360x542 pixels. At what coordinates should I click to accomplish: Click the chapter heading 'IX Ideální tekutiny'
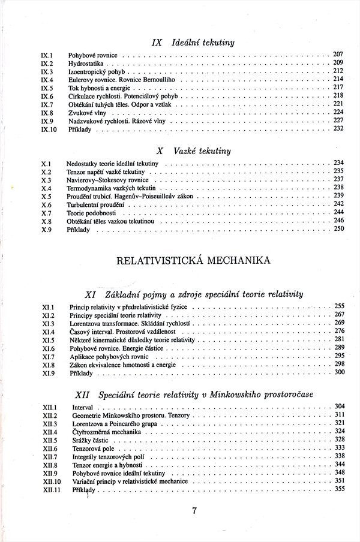pos(193,43)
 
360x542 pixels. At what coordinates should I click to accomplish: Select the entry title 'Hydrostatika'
pos(86,62)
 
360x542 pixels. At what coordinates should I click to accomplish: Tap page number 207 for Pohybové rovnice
pos(338,54)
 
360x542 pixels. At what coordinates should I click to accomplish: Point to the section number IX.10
pos(49,129)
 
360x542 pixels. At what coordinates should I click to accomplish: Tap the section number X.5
pos(46,196)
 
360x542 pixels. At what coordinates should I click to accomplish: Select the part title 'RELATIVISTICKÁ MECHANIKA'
pos(193,260)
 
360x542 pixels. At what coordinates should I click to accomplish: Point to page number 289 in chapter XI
pos(339,348)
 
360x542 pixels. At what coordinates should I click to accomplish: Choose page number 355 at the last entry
pos(339,489)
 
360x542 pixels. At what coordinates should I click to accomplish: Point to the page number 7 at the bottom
pos(194,511)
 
